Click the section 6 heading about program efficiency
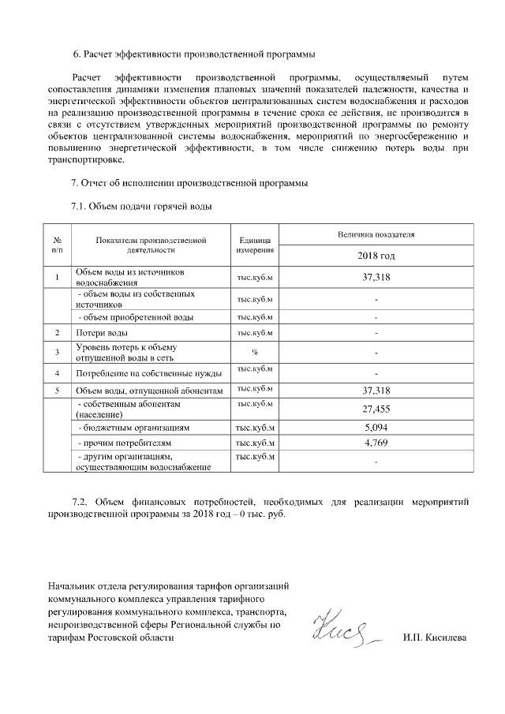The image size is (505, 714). [x=194, y=54]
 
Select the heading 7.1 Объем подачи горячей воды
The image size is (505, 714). [x=142, y=207]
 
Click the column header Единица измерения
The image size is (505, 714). [x=255, y=245]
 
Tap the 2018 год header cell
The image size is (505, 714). [x=376, y=256]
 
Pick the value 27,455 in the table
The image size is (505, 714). [x=376, y=409]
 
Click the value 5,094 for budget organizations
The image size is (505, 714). [x=376, y=427]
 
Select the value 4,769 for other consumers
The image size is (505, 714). [x=376, y=443]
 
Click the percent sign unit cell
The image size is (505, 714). [x=255, y=352]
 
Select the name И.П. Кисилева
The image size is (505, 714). [x=434, y=637]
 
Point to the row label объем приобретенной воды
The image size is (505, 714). [x=135, y=317]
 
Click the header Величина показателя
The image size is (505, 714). [x=376, y=234]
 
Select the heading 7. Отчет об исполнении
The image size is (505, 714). [x=189, y=183]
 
